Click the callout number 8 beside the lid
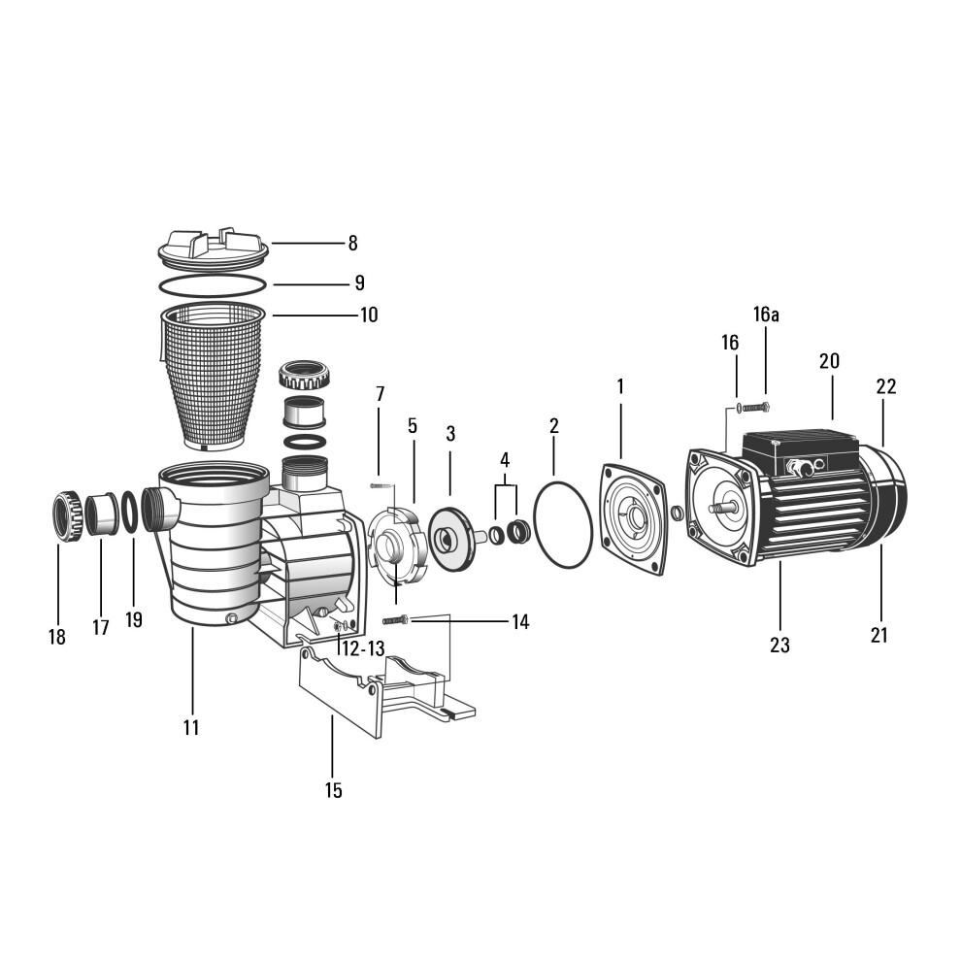coord(352,244)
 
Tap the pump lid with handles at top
coord(214,249)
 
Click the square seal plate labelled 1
coord(633,518)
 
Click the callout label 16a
coord(766,315)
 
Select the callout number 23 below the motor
coord(779,645)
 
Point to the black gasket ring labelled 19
coord(129,512)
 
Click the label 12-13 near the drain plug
coord(363,649)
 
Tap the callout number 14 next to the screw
coord(520,622)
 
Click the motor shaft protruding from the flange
coord(721,508)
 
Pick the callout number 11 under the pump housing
coord(191,727)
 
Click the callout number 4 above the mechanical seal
coord(505,460)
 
